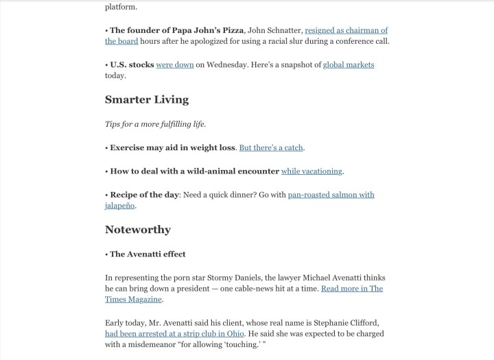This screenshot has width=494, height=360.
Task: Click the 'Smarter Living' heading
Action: pyautogui.click(x=146, y=99)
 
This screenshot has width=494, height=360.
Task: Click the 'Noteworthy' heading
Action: pyautogui.click(x=137, y=229)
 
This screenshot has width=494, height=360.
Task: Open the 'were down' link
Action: pyautogui.click(x=175, y=65)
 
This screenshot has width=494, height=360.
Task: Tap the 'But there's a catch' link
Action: pyautogui.click(x=270, y=147)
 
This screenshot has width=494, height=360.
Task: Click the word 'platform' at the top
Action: pyautogui.click(x=121, y=7)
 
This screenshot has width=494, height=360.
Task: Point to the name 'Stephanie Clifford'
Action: pyautogui.click(x=353, y=322)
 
